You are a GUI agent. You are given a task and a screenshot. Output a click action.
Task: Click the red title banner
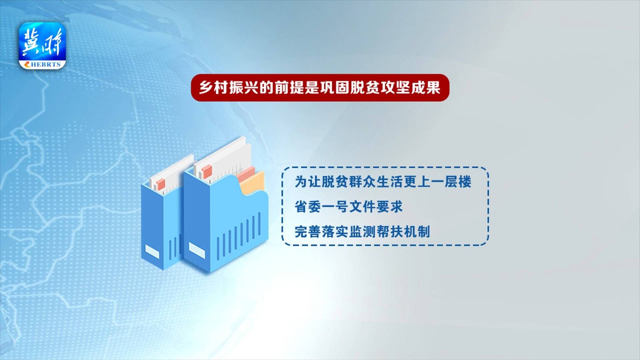[320, 88]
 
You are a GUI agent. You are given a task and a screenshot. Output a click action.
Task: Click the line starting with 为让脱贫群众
[383, 182]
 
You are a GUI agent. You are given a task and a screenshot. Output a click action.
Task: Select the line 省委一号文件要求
[349, 207]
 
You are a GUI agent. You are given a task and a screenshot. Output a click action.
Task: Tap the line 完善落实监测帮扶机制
[362, 232]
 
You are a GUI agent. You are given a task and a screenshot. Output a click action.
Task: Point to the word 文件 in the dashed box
[362, 207]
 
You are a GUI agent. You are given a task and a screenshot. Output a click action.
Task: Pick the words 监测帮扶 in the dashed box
[376, 232]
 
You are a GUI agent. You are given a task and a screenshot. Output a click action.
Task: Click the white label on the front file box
[197, 250]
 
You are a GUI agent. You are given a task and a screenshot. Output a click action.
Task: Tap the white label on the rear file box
[152, 252]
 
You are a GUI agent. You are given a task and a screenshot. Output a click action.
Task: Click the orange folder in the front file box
[252, 183]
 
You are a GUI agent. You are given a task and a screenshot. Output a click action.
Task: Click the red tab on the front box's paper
[206, 171]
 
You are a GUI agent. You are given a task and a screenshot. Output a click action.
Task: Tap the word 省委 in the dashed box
[308, 207]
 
